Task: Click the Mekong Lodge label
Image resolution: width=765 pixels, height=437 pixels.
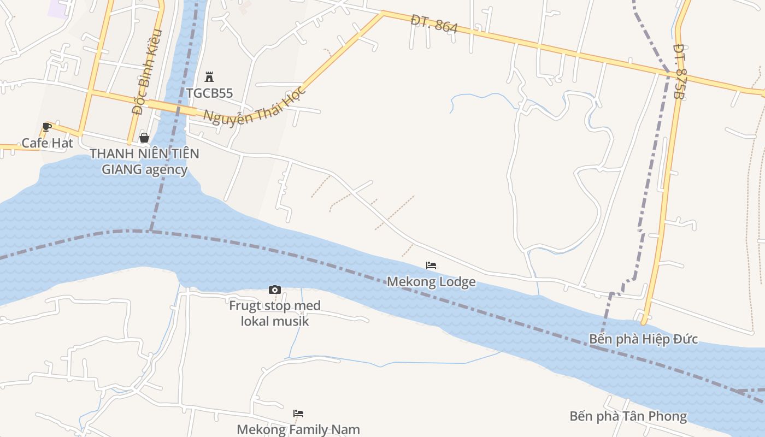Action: pyautogui.click(x=431, y=282)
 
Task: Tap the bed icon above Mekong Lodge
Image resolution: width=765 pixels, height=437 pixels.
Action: pyautogui.click(x=431, y=266)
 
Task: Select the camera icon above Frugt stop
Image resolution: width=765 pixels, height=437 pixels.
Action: pyautogui.click(x=275, y=290)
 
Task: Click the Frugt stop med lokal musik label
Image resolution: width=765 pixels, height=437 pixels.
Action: pyautogui.click(x=275, y=313)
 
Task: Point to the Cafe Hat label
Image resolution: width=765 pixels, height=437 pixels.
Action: pyautogui.click(x=47, y=143)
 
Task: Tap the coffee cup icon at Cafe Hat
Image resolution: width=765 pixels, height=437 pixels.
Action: pyautogui.click(x=47, y=127)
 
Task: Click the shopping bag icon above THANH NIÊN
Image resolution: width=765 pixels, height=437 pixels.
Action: pyautogui.click(x=144, y=138)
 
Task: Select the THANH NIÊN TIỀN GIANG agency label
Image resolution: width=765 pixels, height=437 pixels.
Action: pyautogui.click(x=144, y=161)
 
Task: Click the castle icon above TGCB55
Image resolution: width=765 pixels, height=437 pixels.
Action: pyautogui.click(x=209, y=77)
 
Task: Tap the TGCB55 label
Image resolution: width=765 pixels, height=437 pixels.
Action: pyautogui.click(x=209, y=93)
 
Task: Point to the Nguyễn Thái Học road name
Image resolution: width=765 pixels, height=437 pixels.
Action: pyautogui.click(x=255, y=105)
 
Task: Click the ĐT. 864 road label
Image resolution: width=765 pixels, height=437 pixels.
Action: pyautogui.click(x=434, y=23)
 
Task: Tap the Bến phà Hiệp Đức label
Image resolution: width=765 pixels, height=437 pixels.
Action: pyautogui.click(x=643, y=339)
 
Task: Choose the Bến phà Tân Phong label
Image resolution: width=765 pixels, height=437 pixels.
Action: pyautogui.click(x=628, y=416)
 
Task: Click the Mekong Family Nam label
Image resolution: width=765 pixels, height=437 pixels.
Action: pyautogui.click(x=298, y=429)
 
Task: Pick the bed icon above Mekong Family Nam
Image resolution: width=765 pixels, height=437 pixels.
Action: pyautogui.click(x=298, y=414)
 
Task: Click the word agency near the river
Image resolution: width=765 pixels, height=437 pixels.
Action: pyautogui.click(x=166, y=169)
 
